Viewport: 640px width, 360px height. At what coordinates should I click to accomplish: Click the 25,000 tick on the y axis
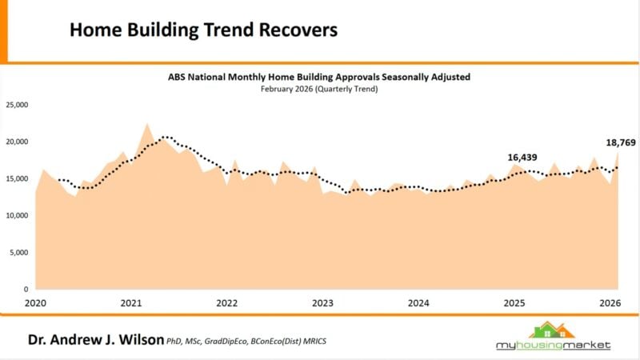pos(18,105)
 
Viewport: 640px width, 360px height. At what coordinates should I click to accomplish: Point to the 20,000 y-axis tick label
pos(18,142)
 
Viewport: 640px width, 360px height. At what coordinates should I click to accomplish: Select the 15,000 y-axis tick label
pos(18,178)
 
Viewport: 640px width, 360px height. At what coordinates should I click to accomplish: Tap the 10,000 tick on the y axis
pos(18,215)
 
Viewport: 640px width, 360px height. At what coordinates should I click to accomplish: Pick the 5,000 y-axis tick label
pos(19,252)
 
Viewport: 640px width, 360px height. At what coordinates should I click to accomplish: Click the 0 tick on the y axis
pos(26,289)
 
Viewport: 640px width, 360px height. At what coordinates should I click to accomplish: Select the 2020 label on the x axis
pos(35,303)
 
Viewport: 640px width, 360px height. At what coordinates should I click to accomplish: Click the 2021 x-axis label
pos(131,303)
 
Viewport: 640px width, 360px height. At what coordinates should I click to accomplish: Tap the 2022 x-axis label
pos(227,303)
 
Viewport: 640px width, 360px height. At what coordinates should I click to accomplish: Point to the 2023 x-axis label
pos(322,303)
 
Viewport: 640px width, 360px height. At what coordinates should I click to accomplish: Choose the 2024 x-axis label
pos(418,303)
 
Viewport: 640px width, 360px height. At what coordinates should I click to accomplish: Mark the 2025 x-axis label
pos(514,303)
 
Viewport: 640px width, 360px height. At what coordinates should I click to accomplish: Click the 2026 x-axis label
pos(610,303)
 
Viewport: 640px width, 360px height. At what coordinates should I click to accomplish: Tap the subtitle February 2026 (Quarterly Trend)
pos(319,89)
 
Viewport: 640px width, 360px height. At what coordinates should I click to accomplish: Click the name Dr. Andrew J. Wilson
pos(96,340)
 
